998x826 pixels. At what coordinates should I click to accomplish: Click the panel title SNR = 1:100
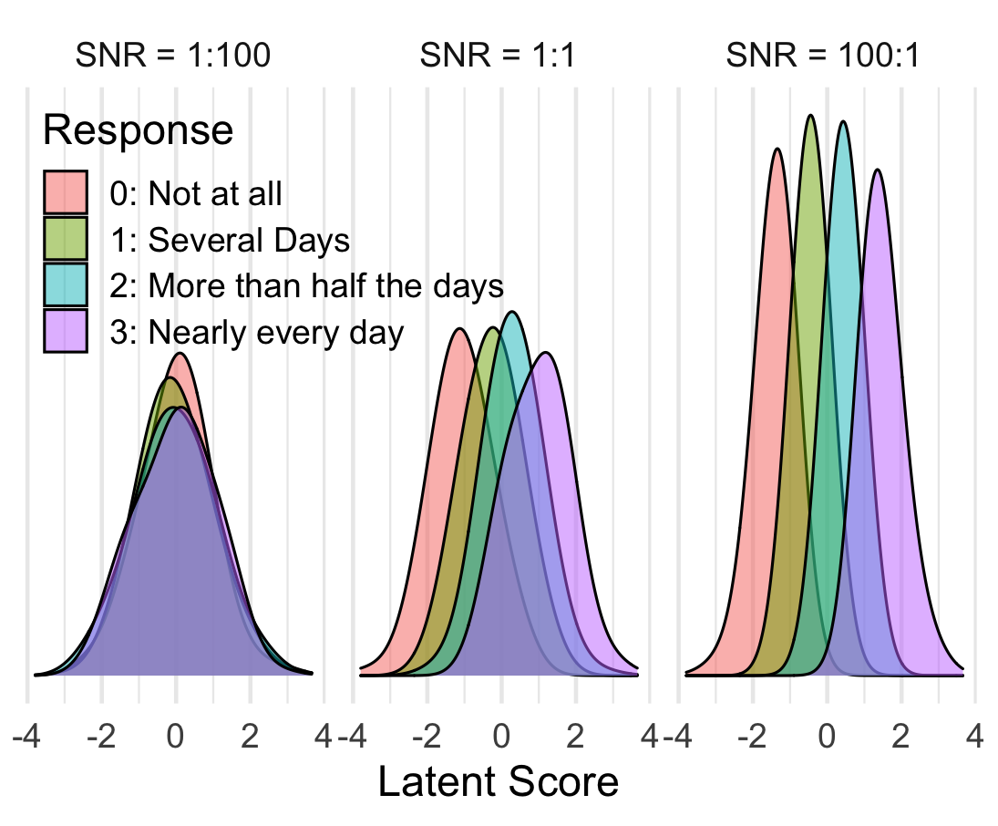[173, 55]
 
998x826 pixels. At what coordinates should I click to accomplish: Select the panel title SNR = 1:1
[498, 55]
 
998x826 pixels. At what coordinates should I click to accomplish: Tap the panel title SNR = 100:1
[823, 55]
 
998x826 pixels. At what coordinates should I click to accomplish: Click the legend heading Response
[139, 130]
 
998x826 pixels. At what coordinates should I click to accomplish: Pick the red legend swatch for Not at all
[66, 191]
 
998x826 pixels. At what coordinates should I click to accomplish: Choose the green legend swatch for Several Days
[66, 239]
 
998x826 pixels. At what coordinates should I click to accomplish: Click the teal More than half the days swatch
[66, 284]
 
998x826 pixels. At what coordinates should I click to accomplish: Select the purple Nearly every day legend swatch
[66, 331]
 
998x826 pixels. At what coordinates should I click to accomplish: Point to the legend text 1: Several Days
[230, 241]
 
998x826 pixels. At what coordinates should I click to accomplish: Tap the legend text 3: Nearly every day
[257, 333]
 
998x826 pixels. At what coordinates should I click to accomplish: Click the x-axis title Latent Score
[499, 781]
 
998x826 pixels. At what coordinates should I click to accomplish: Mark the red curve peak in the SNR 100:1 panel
[777, 149]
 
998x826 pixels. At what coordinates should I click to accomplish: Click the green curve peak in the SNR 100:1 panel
[810, 116]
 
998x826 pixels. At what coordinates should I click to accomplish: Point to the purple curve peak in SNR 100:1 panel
[878, 170]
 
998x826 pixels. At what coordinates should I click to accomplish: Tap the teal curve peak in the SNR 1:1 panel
[512, 312]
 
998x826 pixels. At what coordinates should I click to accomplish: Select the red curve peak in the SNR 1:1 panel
[458, 329]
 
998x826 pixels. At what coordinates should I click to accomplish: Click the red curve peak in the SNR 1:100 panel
[180, 354]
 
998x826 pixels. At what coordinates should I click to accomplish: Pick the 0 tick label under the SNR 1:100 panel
[175, 737]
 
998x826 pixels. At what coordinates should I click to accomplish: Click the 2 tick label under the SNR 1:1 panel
[575, 737]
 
